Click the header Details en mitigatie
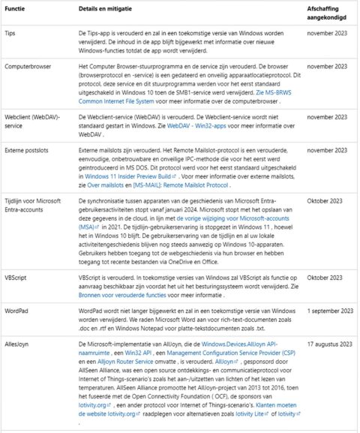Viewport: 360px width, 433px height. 109,9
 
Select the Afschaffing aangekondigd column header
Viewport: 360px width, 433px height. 328,13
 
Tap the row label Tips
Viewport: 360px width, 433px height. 10,35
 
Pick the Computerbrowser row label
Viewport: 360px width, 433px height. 28,65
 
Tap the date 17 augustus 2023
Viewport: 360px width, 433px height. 331,322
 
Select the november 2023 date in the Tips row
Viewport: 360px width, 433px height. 328,35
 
